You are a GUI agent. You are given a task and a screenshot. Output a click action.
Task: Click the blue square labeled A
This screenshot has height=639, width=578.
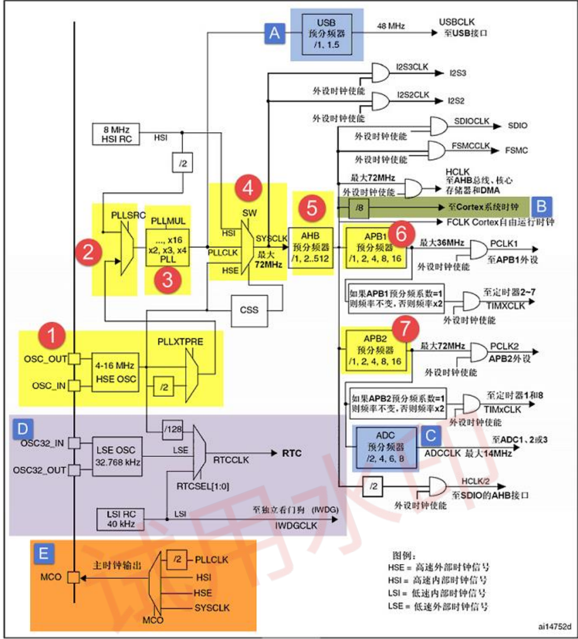[275, 34]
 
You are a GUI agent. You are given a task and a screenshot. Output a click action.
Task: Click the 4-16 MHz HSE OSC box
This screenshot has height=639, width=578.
[115, 373]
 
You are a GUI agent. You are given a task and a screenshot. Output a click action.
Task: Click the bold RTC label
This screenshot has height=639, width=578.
[292, 453]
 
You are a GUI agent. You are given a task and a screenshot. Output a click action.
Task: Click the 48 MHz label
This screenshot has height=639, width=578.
[391, 26]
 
